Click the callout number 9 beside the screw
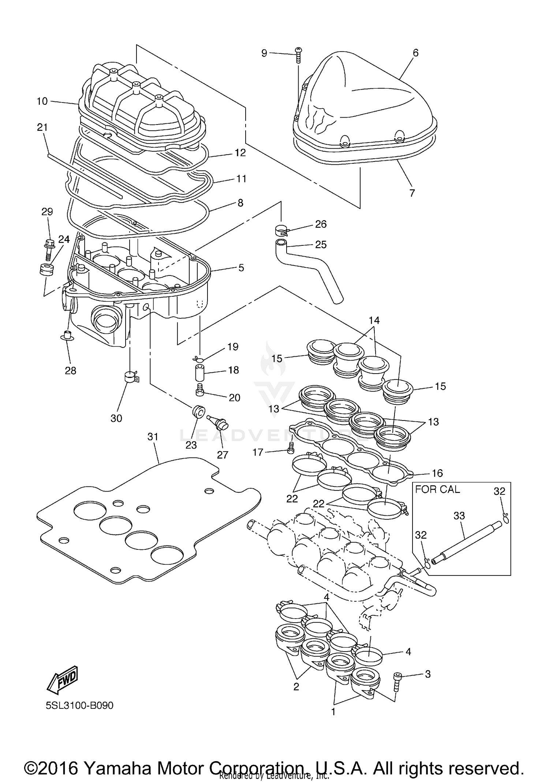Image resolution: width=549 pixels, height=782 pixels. [264, 53]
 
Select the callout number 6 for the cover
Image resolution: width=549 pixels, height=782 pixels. [415, 53]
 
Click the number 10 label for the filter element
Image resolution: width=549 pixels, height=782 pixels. [42, 101]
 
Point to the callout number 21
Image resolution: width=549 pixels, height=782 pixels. [42, 127]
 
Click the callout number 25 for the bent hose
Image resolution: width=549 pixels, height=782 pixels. [321, 245]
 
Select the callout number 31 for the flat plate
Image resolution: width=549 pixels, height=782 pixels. [153, 437]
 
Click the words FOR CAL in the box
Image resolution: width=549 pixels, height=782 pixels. [437, 489]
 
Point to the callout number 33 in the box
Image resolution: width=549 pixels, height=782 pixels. [459, 516]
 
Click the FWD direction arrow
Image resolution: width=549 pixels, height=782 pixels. [62, 681]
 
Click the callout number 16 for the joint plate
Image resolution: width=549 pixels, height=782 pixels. [437, 473]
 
